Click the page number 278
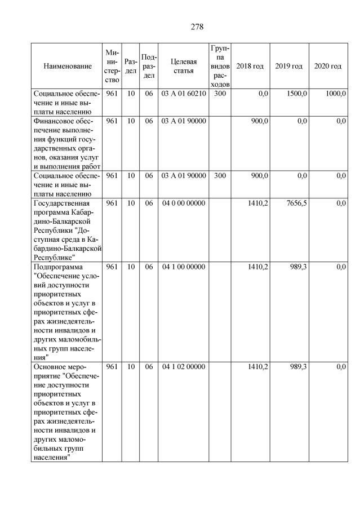pos(197,26)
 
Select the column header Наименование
pos(67,66)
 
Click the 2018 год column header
pos(250,66)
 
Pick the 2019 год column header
pos(288,66)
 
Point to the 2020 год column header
pos(328,66)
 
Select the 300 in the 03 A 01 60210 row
pos(220,94)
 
